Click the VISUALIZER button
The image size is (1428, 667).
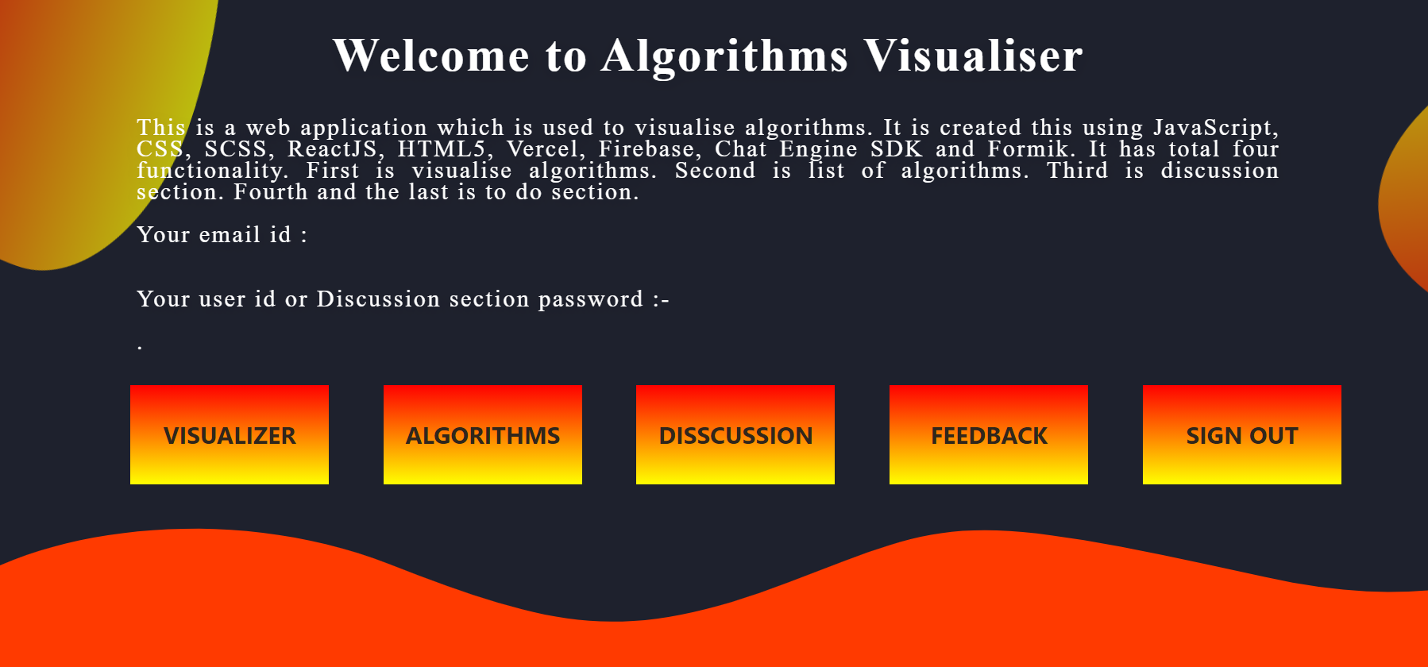pyautogui.click(x=230, y=434)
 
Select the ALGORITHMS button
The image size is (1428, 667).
pyautogui.click(x=483, y=434)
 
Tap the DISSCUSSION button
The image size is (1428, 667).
pyautogui.click(x=735, y=434)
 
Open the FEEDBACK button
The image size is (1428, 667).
pyautogui.click(x=989, y=434)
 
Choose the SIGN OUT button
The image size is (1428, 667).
pyautogui.click(x=1242, y=434)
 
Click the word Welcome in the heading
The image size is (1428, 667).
pyautogui.click(x=431, y=56)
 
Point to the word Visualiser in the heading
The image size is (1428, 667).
pyautogui.click(x=973, y=56)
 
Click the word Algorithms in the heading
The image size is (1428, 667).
pyautogui.click(x=724, y=57)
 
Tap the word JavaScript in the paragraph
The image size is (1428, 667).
pyautogui.click(x=1215, y=128)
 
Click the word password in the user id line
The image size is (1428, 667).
pyautogui.click(x=591, y=300)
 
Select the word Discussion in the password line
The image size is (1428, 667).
pyautogui.click(x=378, y=299)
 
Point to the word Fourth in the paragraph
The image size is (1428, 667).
pyautogui.click(x=270, y=192)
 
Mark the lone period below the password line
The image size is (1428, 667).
pyautogui.click(x=140, y=348)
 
